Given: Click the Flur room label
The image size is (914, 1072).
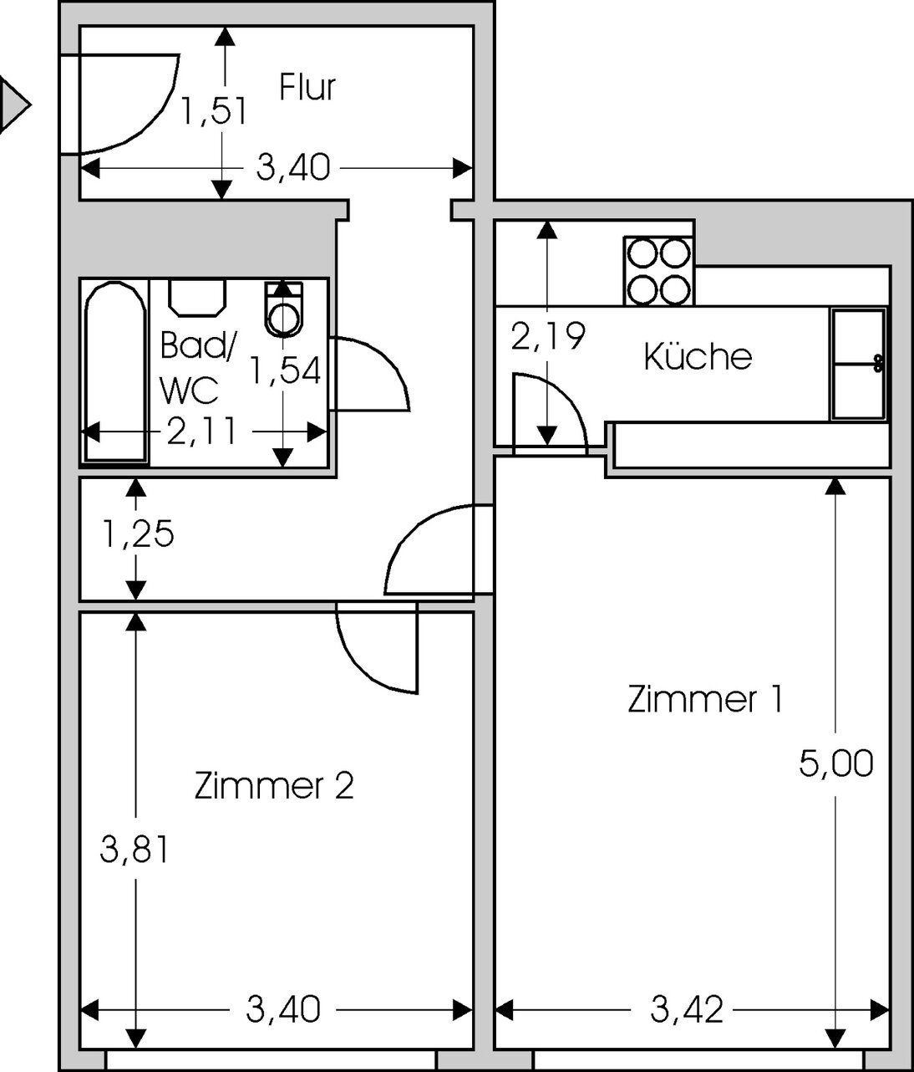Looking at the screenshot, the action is click(307, 87).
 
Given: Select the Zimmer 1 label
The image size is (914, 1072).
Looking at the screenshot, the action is click(704, 699).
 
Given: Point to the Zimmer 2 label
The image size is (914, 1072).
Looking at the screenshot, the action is click(273, 786).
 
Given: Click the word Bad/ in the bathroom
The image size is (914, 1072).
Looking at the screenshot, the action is click(198, 345).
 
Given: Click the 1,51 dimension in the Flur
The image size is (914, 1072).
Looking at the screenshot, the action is click(214, 111).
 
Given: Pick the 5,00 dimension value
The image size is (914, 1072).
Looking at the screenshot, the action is click(835, 763).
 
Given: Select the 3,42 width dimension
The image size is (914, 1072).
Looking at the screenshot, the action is click(687, 1010).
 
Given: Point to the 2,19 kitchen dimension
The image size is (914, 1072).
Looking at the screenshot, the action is click(548, 335).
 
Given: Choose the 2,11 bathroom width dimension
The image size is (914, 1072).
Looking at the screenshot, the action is click(202, 431).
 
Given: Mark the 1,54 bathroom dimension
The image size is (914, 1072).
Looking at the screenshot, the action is click(285, 370).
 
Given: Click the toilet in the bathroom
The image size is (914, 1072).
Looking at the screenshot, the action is click(283, 309).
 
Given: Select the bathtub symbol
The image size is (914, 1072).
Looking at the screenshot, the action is click(115, 371).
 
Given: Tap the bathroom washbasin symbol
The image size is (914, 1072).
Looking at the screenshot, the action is click(197, 298).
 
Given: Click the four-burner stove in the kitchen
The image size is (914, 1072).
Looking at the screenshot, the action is click(658, 271).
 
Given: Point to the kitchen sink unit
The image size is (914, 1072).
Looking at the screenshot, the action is click(858, 364).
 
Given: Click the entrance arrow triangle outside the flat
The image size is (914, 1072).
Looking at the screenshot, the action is click(14, 105).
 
